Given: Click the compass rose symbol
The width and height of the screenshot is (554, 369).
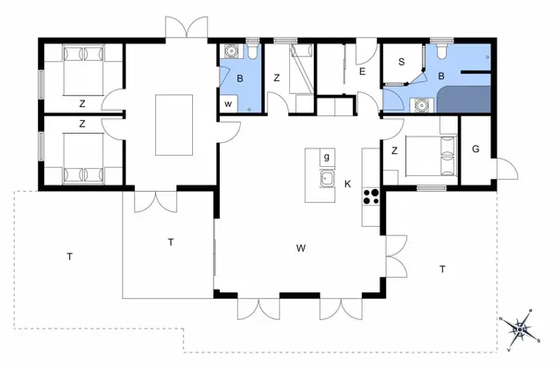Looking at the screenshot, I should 520,327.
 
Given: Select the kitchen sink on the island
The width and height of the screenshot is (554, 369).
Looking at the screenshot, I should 326,179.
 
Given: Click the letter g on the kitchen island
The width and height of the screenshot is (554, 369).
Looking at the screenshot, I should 326,158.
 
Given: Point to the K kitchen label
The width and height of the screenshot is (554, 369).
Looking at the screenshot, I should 348,184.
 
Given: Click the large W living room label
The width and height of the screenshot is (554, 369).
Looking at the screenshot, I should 301,248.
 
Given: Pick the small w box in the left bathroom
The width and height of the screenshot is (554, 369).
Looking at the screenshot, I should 228,104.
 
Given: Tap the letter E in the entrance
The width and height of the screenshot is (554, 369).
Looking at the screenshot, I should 362,71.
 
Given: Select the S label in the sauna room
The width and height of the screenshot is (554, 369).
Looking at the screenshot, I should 402,63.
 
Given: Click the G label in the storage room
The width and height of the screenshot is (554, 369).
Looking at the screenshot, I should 476,149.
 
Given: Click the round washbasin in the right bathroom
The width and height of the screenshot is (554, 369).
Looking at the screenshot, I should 422,104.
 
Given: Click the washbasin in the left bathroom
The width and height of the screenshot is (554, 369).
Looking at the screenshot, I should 250,106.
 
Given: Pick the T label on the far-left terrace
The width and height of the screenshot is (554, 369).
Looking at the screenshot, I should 69,256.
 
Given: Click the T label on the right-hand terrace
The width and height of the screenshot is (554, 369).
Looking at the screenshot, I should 442,268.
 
